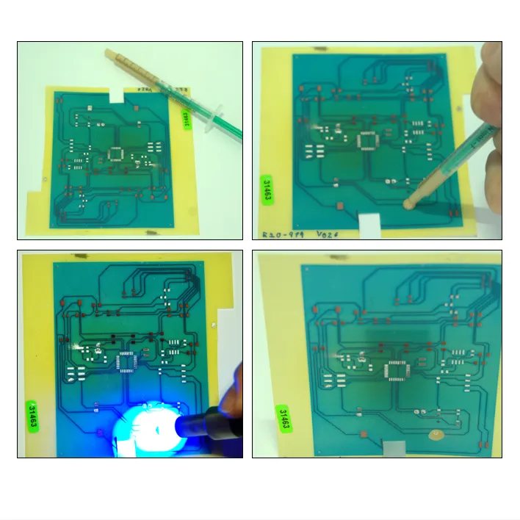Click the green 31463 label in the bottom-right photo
(x=284, y=419)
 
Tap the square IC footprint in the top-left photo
(x=115, y=154)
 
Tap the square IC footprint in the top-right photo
(x=366, y=140)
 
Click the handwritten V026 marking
(x=328, y=234)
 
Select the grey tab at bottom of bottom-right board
(x=393, y=446)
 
